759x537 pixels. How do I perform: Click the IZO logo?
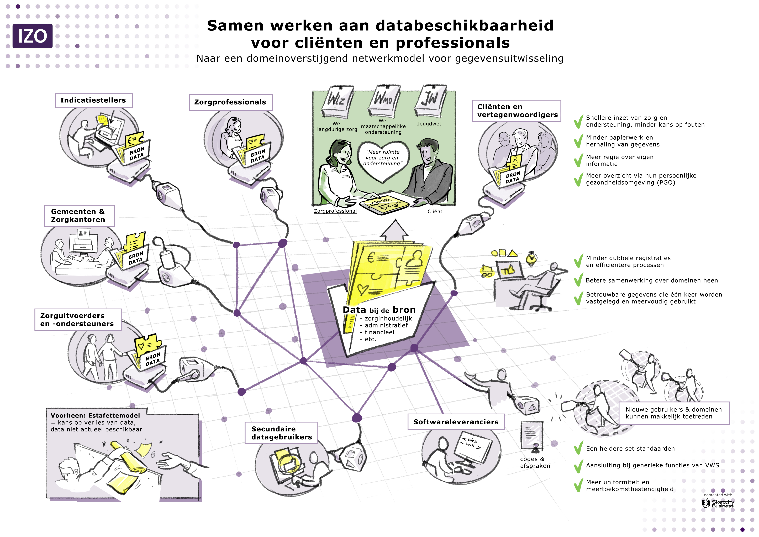[32, 36]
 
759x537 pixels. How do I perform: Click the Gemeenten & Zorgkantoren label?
[79, 216]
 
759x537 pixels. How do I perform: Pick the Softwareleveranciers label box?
[456, 422]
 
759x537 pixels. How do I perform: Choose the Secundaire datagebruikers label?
[281, 433]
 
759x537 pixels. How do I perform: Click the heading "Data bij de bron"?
[379, 310]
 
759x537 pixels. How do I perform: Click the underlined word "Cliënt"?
[435, 212]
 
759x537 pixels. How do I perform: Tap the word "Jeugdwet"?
[429, 124]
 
